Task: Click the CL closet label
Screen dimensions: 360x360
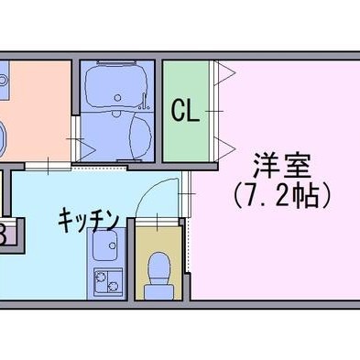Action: click(x=185, y=111)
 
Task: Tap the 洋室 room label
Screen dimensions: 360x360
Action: click(x=281, y=167)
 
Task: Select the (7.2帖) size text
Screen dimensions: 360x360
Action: click(x=281, y=196)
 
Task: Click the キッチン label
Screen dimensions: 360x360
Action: click(x=88, y=219)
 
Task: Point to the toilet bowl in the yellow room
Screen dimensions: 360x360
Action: click(x=158, y=268)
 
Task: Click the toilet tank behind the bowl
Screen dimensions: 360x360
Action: click(x=158, y=291)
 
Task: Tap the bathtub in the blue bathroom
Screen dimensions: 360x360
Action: click(x=116, y=86)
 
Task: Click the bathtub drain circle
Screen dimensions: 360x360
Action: click(x=117, y=97)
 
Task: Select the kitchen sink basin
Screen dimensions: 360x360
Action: click(x=104, y=245)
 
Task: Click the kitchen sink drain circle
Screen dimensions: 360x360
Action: click(x=113, y=245)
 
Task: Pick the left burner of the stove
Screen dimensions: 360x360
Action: click(x=100, y=278)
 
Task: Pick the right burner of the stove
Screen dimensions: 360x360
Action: click(x=113, y=286)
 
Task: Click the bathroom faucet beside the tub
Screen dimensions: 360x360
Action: click(x=145, y=103)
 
